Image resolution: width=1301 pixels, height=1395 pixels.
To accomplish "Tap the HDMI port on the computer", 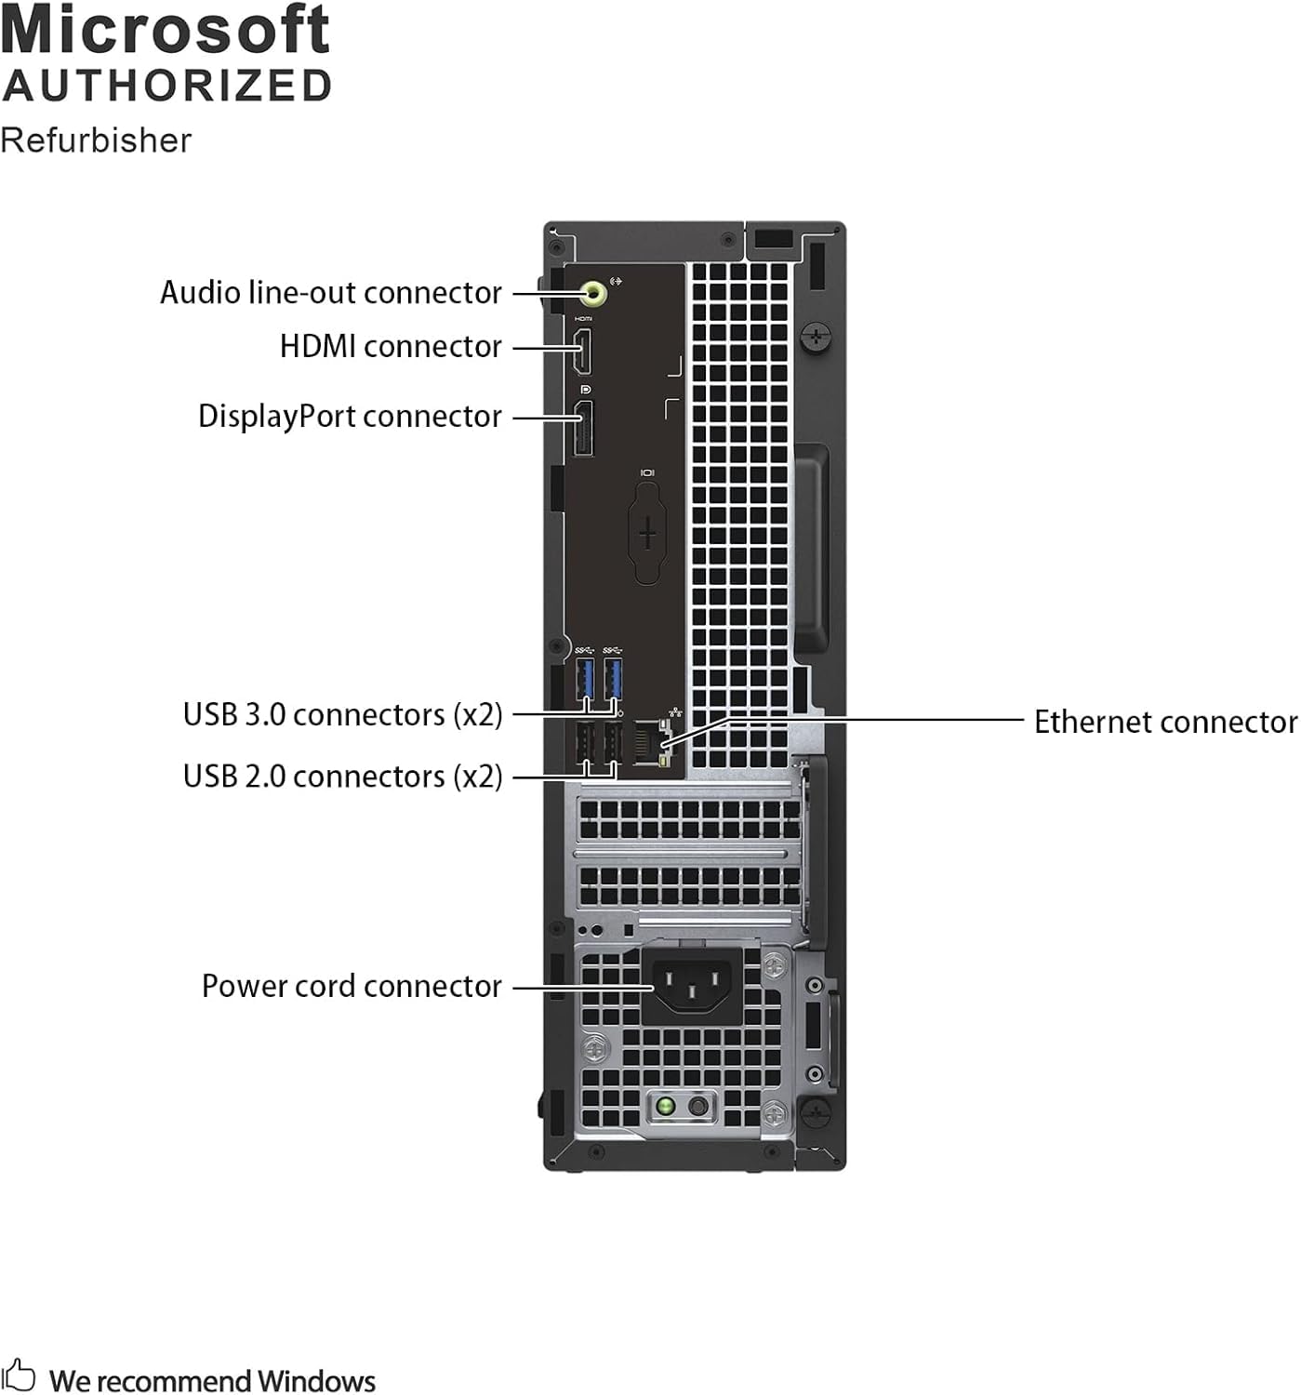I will [583, 354].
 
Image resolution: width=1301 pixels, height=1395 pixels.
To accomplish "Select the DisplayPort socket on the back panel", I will [583, 429].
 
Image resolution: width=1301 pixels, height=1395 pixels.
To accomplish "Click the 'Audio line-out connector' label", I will [331, 293].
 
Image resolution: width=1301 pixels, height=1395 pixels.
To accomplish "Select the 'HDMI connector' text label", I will [391, 347].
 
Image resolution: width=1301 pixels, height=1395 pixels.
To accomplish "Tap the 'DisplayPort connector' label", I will [350, 417].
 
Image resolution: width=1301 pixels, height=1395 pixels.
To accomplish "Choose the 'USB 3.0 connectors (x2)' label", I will [342, 715].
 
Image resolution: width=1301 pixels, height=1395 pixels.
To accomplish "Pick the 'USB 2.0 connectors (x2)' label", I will [342, 777].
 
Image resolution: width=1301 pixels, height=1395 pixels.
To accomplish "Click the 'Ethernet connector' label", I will [1165, 723].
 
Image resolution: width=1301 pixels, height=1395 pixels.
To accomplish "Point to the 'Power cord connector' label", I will [352, 987].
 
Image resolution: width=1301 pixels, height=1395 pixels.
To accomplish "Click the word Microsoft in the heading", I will [166, 30].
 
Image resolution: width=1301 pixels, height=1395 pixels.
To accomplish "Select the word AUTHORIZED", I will [167, 86].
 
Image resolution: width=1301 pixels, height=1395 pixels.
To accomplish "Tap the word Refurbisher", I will [96, 140].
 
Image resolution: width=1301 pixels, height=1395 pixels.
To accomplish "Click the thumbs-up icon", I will [19, 1375].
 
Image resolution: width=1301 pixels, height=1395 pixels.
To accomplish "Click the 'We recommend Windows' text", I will [212, 1381].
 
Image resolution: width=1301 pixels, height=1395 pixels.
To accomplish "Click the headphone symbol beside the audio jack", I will [615, 280].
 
